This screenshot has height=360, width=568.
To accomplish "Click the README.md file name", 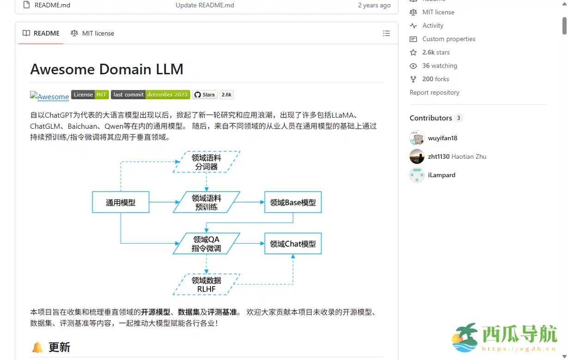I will (x=52, y=5).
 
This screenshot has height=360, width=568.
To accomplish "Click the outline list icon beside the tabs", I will (x=387, y=33).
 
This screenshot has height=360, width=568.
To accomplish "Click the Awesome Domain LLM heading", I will (x=107, y=69).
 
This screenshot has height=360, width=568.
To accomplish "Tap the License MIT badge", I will (x=90, y=95).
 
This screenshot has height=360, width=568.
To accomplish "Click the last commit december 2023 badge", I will (x=151, y=95).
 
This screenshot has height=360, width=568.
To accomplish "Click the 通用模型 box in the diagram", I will (x=121, y=202).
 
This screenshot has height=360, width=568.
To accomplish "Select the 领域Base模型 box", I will (x=293, y=202).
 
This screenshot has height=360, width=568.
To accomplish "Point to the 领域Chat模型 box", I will (x=293, y=244).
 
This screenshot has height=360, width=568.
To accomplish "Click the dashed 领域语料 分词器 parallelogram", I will (x=206, y=162).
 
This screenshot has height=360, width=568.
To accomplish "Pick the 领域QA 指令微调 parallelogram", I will (x=206, y=244).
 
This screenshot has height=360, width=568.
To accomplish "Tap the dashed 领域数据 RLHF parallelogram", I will (x=206, y=284).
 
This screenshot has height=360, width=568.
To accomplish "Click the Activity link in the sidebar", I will (x=433, y=26).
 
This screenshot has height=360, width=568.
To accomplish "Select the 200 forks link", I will (x=435, y=79).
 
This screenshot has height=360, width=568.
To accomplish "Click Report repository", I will (x=435, y=93).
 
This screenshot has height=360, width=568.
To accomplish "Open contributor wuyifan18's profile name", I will (x=442, y=138).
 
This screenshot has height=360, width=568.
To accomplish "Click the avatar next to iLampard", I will (x=417, y=175).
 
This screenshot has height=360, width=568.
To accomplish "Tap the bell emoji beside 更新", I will (x=37, y=347).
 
